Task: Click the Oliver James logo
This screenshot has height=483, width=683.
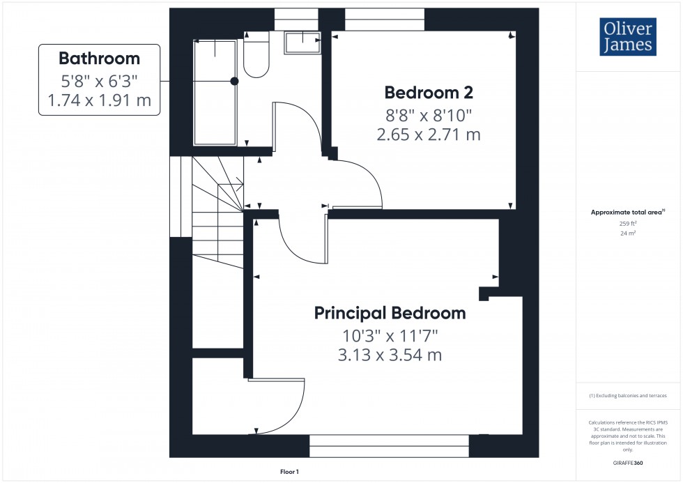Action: click(x=627, y=37)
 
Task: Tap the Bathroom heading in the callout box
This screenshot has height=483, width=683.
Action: click(x=99, y=59)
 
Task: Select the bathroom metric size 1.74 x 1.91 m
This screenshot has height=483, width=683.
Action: click(x=99, y=100)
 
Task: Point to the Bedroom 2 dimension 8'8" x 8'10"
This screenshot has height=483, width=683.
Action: click(x=429, y=114)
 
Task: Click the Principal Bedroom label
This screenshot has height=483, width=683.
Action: click(x=390, y=313)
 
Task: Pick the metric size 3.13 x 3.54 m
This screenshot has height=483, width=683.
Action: click(x=390, y=355)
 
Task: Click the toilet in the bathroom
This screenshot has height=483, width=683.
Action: click(x=256, y=56)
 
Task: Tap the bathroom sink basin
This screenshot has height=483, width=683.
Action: click(x=302, y=43)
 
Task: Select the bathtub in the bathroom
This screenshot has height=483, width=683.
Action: click(x=214, y=91)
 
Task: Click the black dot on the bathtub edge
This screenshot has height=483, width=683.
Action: click(x=234, y=82)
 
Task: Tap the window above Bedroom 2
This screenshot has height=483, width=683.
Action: click(x=385, y=20)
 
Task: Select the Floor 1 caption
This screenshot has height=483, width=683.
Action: click(x=289, y=472)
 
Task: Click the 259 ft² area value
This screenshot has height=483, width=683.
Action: click(x=628, y=224)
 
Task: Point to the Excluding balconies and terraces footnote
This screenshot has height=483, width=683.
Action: click(x=628, y=396)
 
